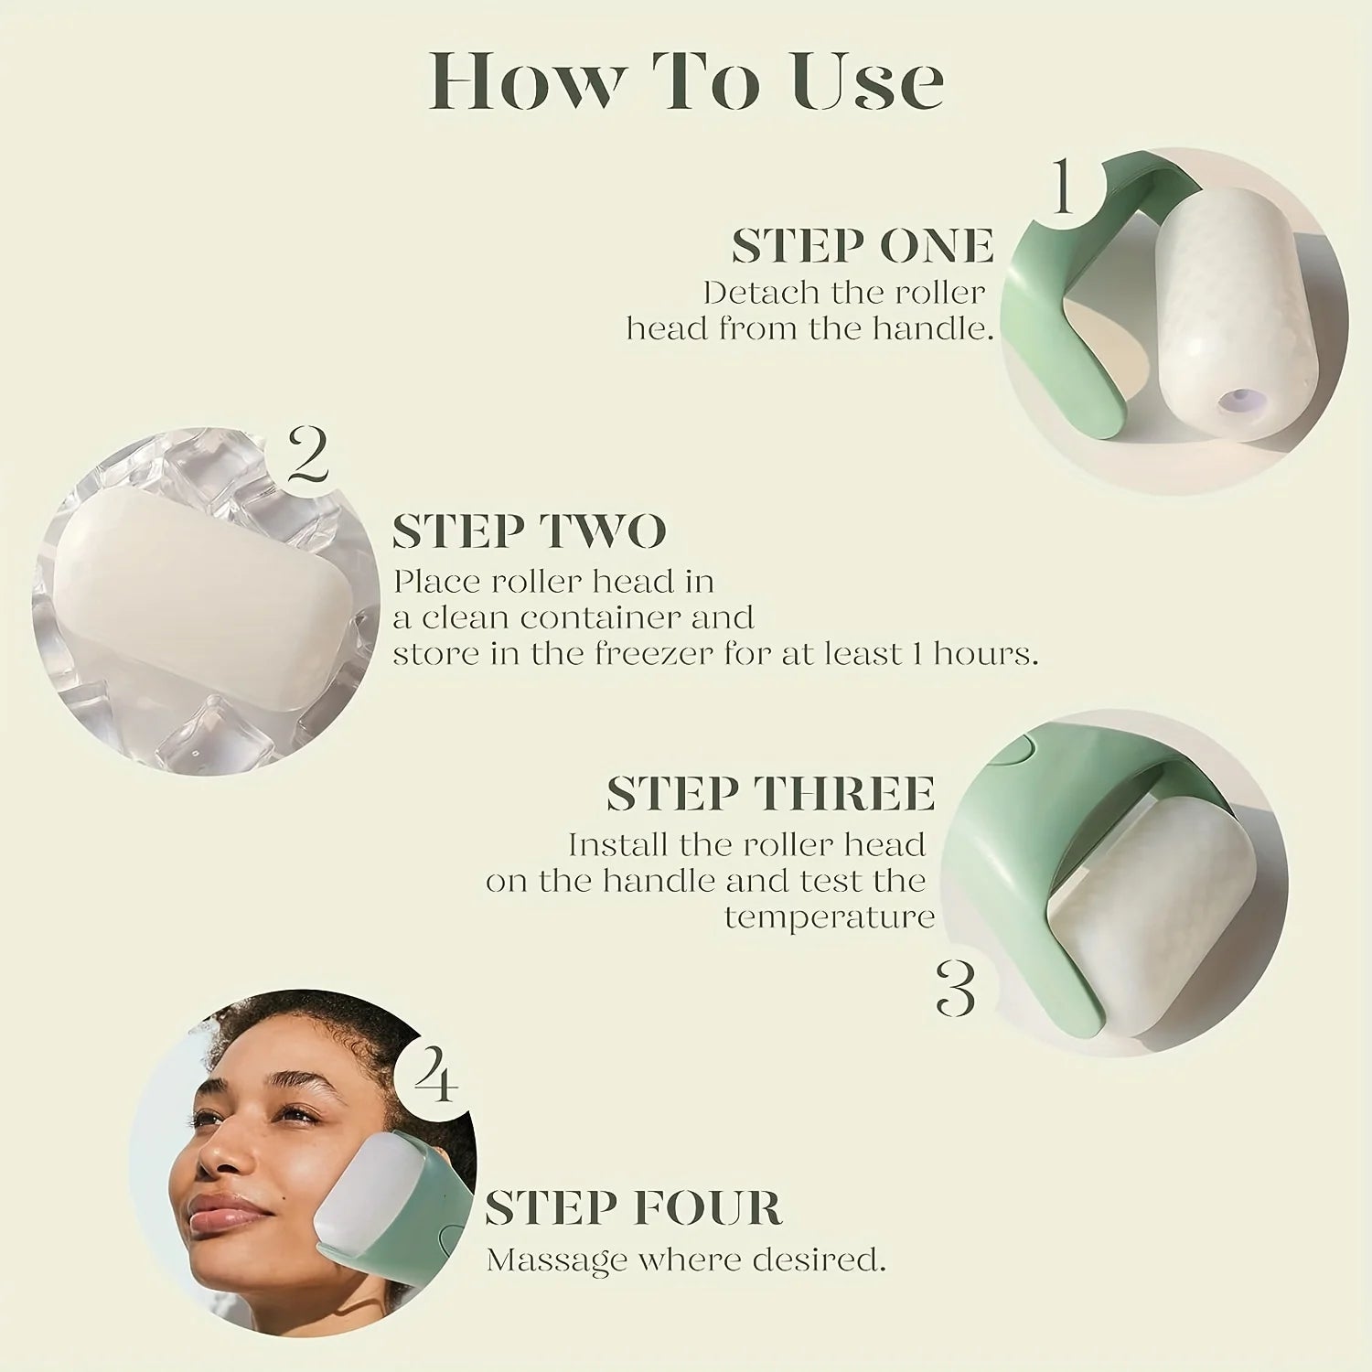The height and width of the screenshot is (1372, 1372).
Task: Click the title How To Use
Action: pyautogui.click(x=686, y=82)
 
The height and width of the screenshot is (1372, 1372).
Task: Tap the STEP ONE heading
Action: pyautogui.click(x=862, y=246)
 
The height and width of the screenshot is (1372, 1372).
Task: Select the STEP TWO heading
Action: pyautogui.click(x=529, y=531)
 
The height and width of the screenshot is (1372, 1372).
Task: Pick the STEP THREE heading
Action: pyautogui.click(x=770, y=793)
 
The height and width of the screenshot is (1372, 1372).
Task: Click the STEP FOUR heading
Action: pyautogui.click(x=633, y=1208)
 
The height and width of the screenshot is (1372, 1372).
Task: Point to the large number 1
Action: pyautogui.click(x=1061, y=186)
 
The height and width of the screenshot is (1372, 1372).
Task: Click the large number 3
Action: pyautogui.click(x=957, y=990)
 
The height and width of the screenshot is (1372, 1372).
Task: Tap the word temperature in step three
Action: pyautogui.click(x=829, y=916)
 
